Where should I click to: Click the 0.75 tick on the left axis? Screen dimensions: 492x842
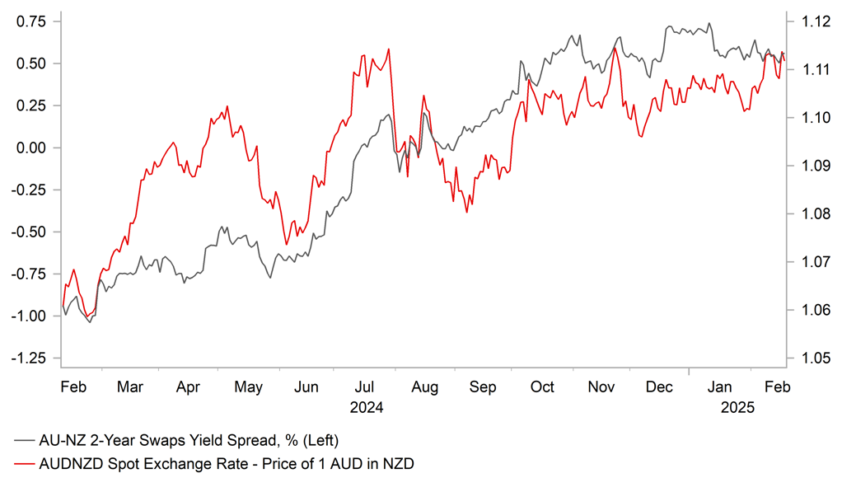point(31,21)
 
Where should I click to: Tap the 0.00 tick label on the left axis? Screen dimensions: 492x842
point(31,148)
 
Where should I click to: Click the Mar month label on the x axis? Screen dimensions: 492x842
point(131,387)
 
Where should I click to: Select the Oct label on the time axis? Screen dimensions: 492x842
point(542,387)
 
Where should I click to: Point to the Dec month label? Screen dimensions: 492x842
point(660,387)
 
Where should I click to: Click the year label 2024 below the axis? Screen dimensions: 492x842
point(367,407)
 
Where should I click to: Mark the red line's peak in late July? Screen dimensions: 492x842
point(388,49)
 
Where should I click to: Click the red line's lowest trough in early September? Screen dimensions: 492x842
point(466,213)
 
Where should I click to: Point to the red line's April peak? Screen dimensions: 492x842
point(227,106)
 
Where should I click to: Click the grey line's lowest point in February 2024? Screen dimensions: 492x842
point(89,322)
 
